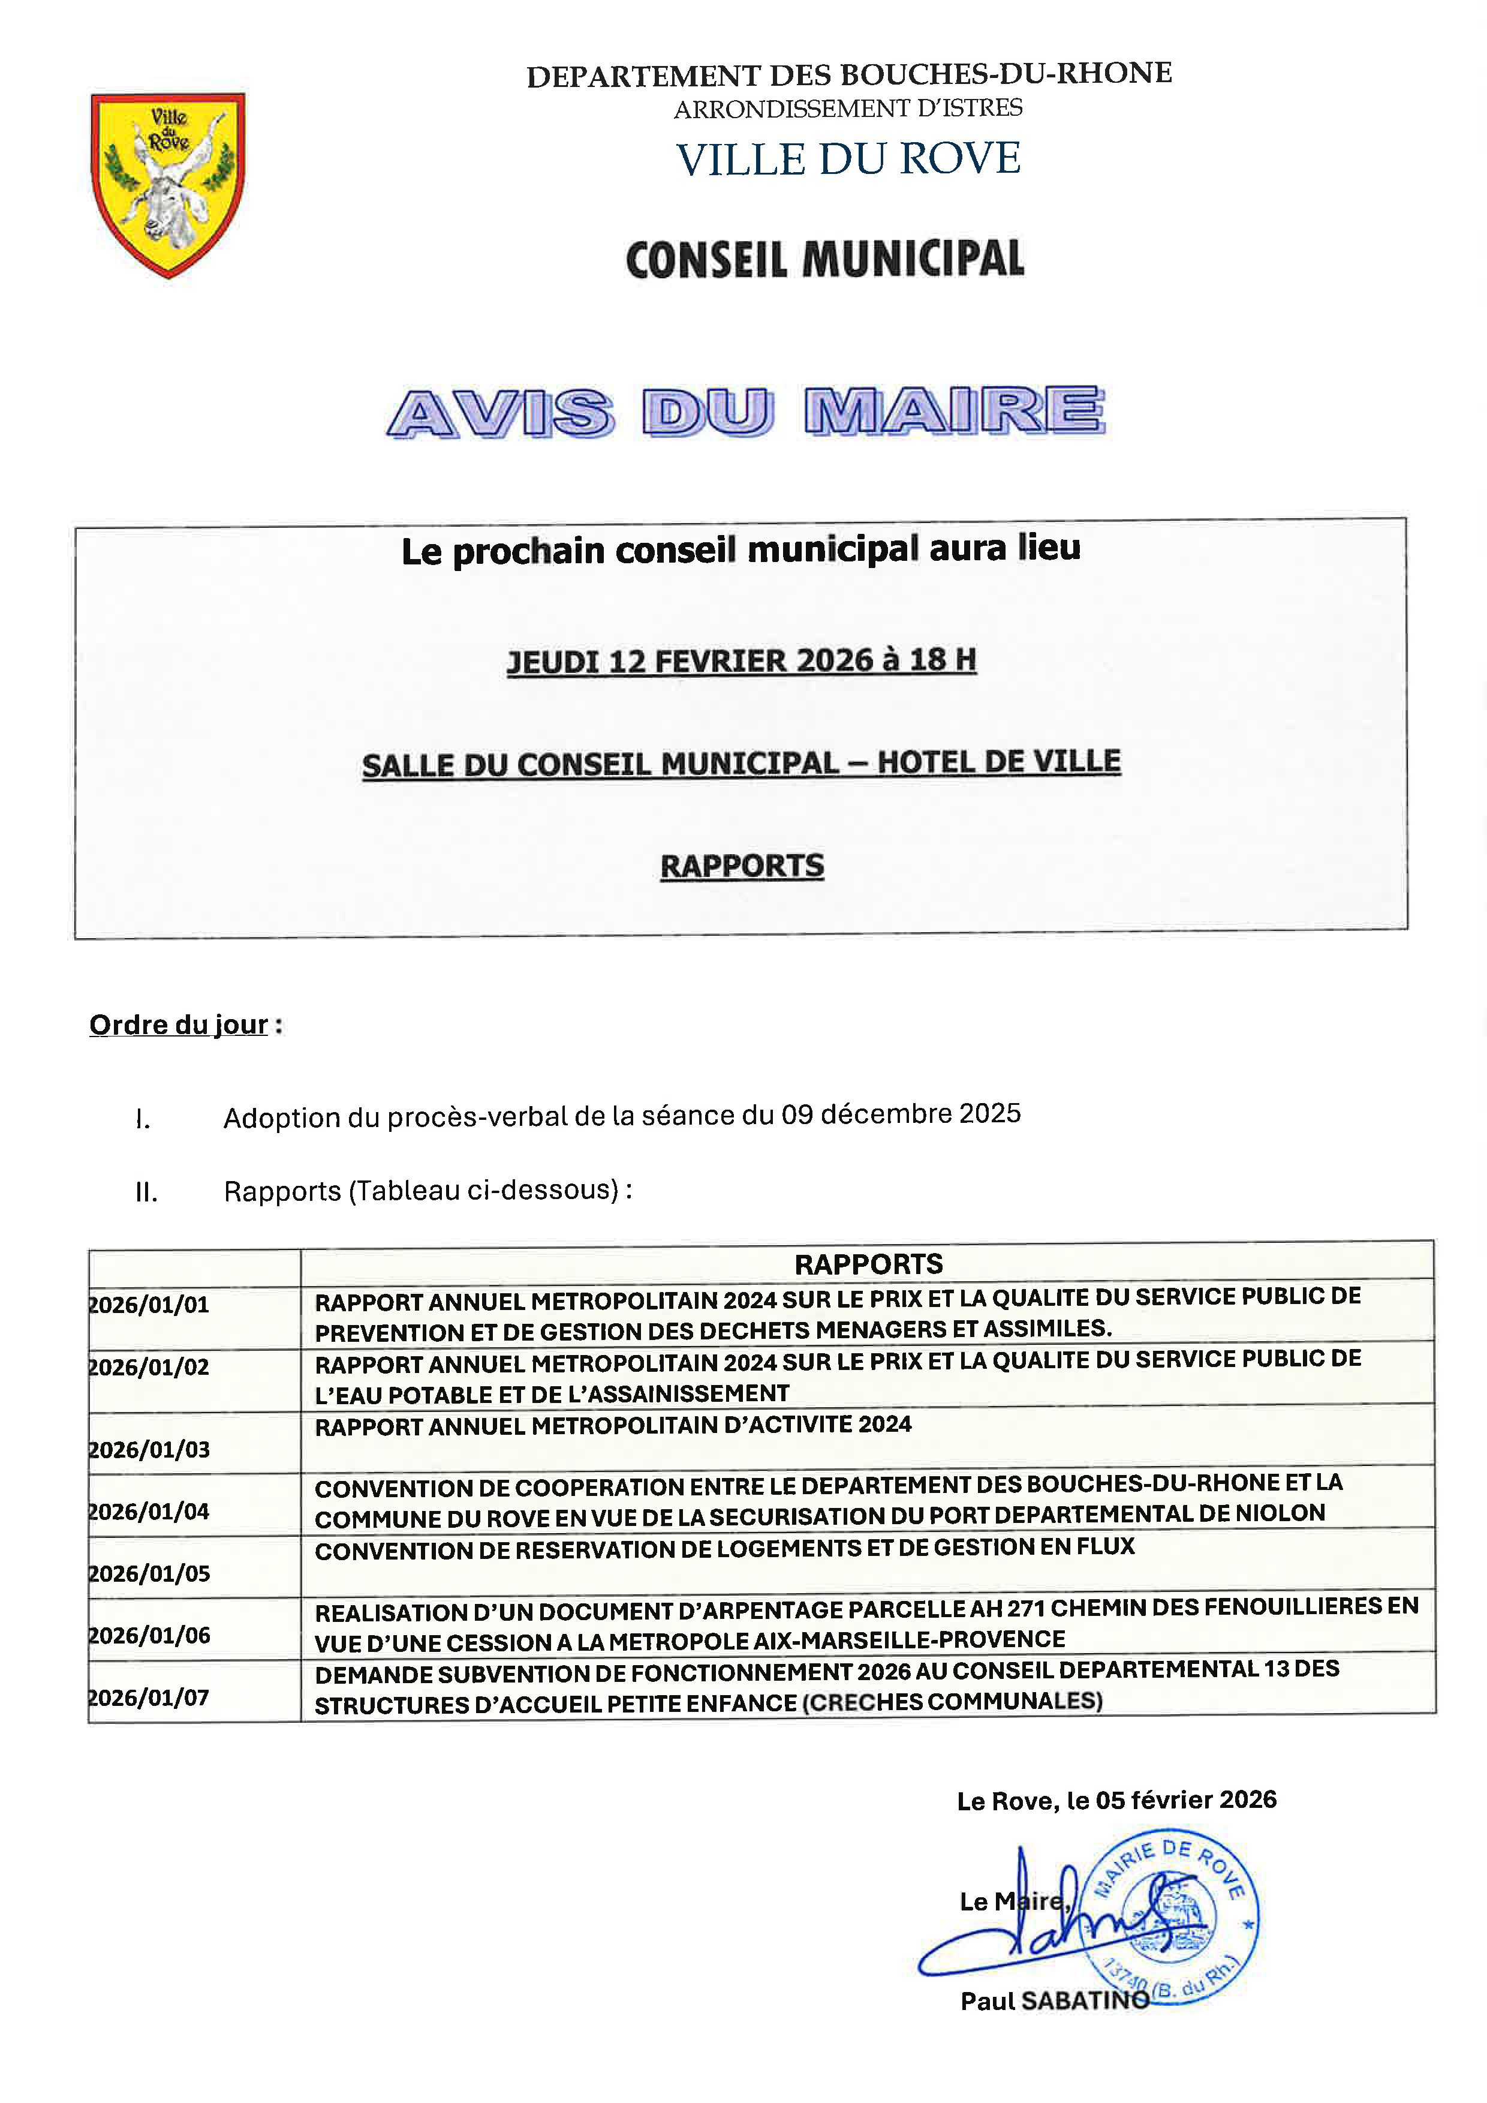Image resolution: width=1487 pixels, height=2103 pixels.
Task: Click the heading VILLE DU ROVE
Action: [848, 160]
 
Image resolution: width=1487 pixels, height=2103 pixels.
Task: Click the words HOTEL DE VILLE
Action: [999, 762]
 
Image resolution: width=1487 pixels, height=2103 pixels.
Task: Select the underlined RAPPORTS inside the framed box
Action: [742, 867]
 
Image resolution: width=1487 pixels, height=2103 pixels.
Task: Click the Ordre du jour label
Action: [179, 1025]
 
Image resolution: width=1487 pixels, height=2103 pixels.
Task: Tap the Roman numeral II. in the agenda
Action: [146, 1192]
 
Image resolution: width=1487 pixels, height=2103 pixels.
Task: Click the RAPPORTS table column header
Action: [868, 1264]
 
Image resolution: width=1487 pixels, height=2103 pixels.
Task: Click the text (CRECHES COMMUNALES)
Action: [952, 1702]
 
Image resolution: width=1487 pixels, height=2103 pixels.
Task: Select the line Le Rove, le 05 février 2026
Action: [1116, 1801]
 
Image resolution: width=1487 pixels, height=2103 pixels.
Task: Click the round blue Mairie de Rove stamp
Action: [1169, 1918]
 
